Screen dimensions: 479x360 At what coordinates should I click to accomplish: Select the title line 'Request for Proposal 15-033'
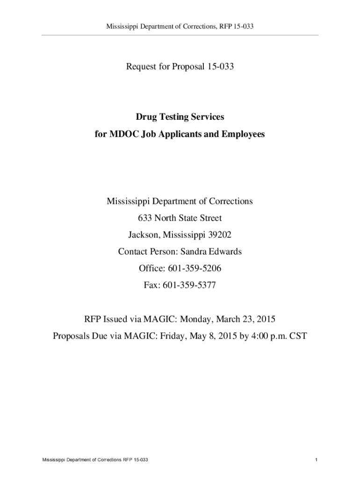(x=180, y=67)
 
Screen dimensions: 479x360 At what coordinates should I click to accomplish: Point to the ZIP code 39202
(x=217, y=235)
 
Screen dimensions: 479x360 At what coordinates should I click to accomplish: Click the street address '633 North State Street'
(x=180, y=218)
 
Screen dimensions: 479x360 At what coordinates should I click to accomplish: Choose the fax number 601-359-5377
(x=189, y=285)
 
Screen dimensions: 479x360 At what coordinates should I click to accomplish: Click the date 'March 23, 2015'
(x=247, y=319)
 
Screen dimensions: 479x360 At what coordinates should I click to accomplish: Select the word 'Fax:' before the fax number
(x=151, y=285)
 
